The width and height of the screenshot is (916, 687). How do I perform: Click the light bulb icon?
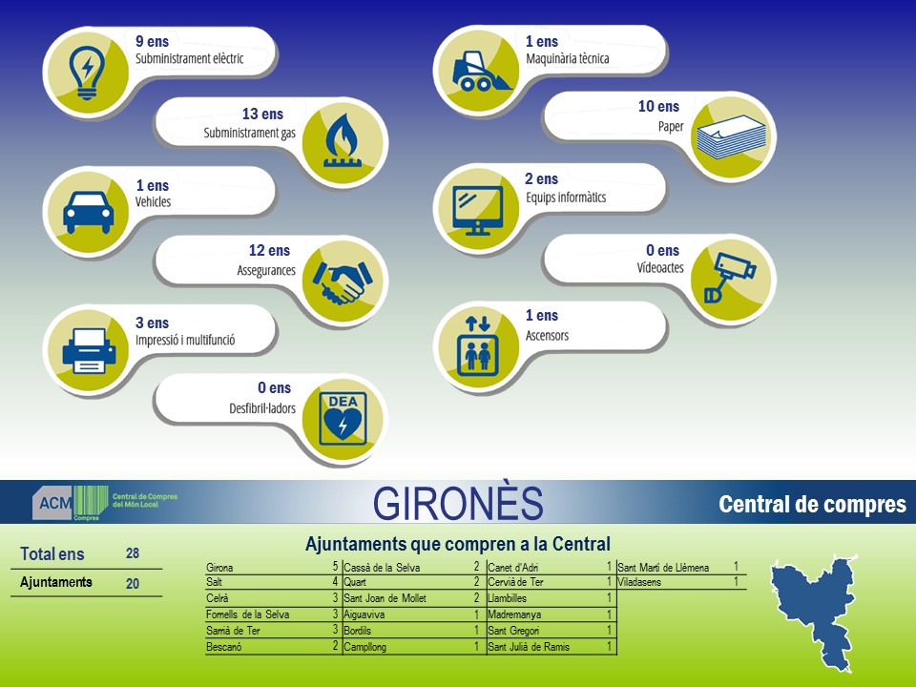click(87, 73)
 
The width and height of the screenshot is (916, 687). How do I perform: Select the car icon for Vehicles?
click(88, 213)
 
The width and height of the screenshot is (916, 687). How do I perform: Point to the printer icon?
click(89, 350)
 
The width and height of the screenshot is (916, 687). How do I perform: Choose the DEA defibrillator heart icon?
click(343, 419)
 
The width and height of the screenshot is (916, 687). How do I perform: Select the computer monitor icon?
click(478, 210)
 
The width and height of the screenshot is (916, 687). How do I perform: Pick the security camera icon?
click(730, 277)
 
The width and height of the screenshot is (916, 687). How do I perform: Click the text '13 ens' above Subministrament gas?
click(262, 114)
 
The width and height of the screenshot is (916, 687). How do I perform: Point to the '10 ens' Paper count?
click(658, 106)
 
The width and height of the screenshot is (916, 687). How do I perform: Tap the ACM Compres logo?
click(105, 503)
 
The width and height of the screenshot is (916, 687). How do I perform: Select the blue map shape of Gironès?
click(813, 614)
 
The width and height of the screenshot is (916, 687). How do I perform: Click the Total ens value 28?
click(133, 553)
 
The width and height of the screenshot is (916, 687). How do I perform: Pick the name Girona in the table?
click(219, 567)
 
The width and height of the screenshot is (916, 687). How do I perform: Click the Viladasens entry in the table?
click(639, 582)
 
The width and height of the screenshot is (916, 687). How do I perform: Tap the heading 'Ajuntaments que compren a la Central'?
click(457, 544)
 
